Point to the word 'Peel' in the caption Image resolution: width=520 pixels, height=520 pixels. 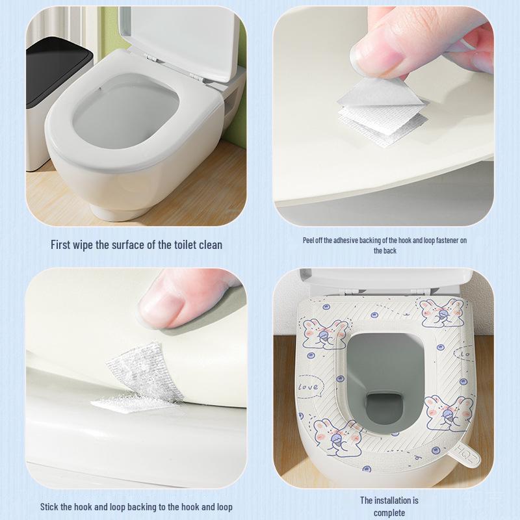click(x=309, y=240)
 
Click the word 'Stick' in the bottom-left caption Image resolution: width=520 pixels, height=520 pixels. click(x=51, y=506)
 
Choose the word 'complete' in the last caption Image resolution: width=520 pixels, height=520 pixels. click(x=389, y=513)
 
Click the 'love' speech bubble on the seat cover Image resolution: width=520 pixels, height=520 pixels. click(x=309, y=387)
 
